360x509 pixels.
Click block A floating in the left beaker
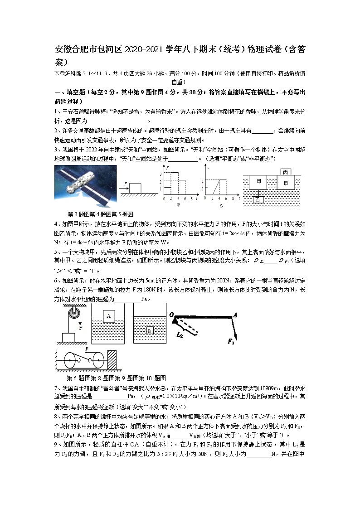109,316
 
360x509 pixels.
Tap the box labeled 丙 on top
285,172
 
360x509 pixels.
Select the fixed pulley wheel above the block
72,313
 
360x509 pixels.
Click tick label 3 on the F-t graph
160,175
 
